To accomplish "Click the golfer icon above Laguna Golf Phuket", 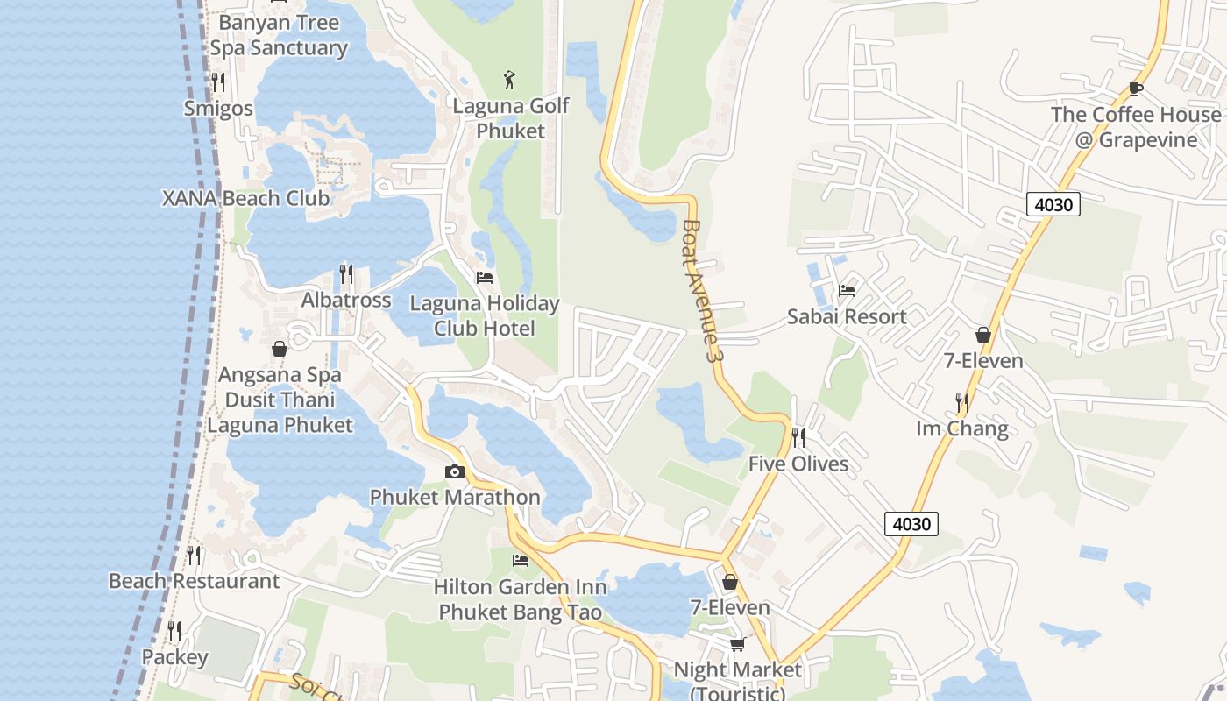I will click(509, 80).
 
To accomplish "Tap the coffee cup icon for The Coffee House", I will click(1135, 89).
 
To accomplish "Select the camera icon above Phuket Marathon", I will click(454, 472).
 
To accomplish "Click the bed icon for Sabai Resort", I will click(846, 291).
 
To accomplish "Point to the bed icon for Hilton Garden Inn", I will click(521, 561).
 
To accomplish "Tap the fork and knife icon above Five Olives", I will click(798, 438).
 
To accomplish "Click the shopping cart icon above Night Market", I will click(737, 644).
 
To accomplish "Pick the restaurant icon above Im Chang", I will click(962, 403).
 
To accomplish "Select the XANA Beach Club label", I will click(246, 198).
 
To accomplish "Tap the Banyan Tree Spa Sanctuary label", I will click(279, 35).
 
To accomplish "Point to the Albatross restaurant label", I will click(346, 301).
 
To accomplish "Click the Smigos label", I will click(218, 109).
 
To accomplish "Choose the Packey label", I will click(175, 657).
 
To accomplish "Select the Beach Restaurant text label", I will click(194, 581).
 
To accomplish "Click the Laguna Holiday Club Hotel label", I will click(485, 315).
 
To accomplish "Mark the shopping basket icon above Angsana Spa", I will click(280, 350).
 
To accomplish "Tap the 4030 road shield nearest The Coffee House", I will click(1053, 204).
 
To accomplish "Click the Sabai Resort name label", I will click(846, 316).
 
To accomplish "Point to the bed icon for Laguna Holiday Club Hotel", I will click(484, 278).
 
